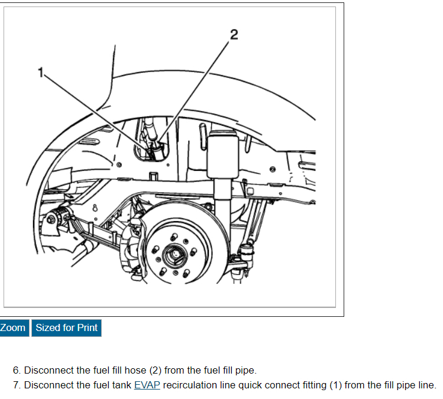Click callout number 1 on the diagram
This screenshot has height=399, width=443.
tap(41, 72)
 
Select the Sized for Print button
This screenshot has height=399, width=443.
tap(66, 327)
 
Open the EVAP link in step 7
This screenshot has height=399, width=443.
tap(147, 385)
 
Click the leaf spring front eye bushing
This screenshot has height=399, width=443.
tap(51, 219)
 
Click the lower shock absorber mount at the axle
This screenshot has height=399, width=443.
tap(240, 260)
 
